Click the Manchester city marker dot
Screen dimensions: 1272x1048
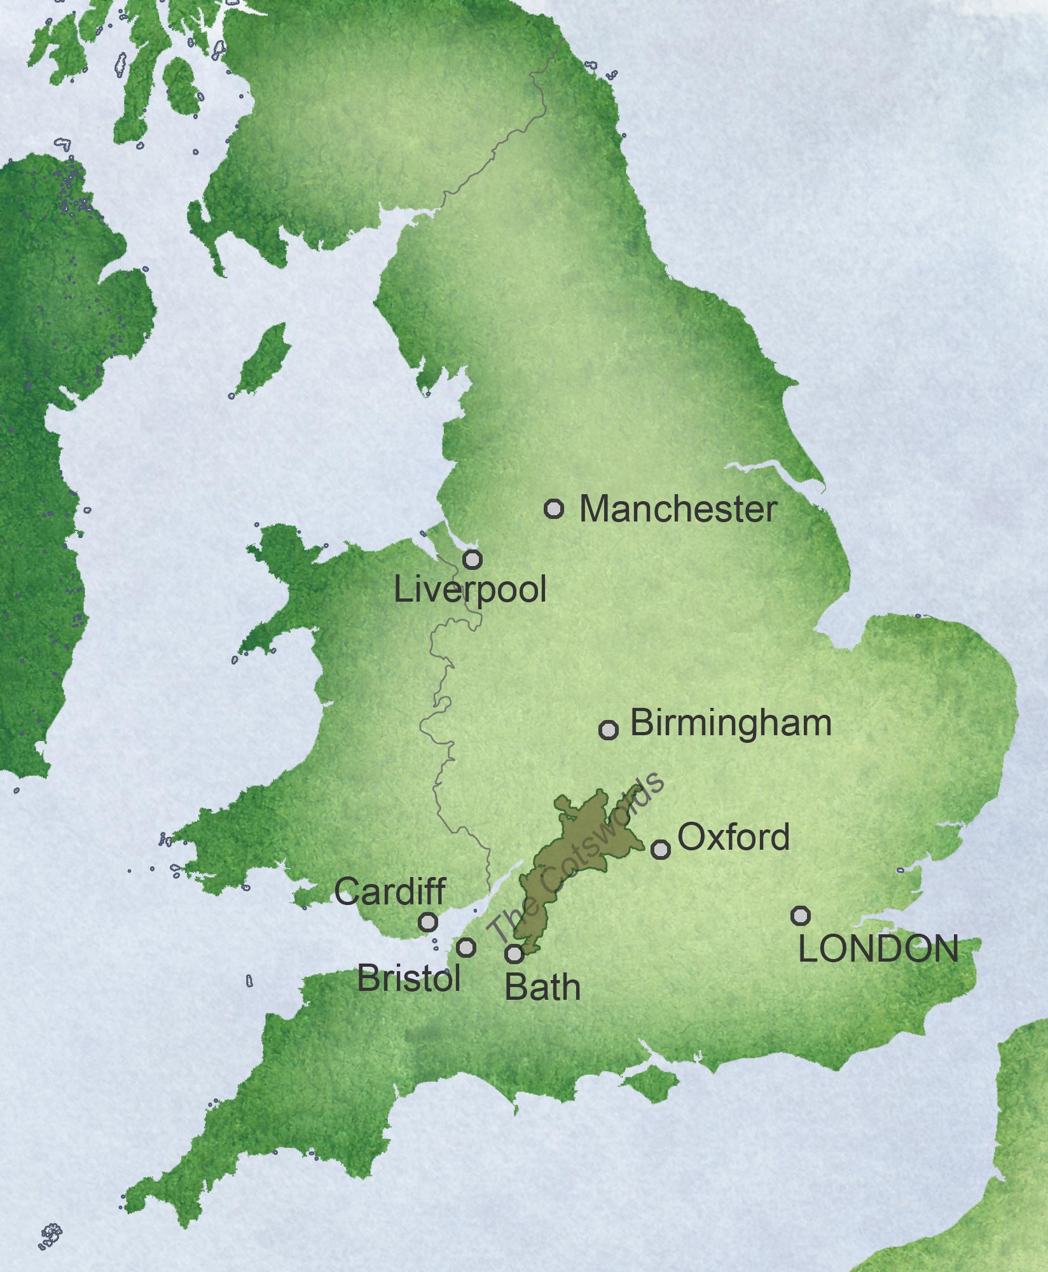click(x=554, y=509)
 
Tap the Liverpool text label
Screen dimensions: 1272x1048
click(x=470, y=590)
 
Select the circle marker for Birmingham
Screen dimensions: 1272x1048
click(x=609, y=729)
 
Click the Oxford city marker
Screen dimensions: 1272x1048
click(x=661, y=848)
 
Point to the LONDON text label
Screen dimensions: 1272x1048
click(x=878, y=949)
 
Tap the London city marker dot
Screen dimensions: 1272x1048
click(x=800, y=915)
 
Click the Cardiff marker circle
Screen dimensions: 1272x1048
click(x=428, y=922)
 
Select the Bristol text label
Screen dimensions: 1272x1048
click(x=408, y=978)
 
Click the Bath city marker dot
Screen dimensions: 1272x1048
click(x=514, y=953)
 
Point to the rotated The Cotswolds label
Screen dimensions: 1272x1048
click(x=576, y=859)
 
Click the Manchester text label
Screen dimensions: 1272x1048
click(x=678, y=509)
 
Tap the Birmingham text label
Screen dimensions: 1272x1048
click(x=730, y=723)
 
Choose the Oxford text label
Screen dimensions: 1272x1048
click(x=733, y=837)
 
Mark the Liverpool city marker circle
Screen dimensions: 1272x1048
click(x=472, y=560)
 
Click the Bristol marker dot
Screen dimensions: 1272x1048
click(x=466, y=948)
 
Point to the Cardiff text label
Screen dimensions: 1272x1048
click(x=389, y=892)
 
